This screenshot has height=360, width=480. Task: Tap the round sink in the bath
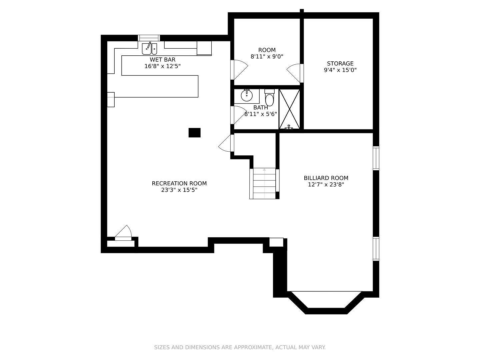tap(247, 95)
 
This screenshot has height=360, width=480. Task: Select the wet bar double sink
tap(150, 49)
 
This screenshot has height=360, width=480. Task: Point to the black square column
tap(194, 133)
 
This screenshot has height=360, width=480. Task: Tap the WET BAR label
tap(162, 59)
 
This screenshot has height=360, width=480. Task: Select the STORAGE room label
tap(340, 63)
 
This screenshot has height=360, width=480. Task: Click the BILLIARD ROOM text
tap(326, 178)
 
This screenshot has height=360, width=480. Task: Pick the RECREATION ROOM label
tap(179, 183)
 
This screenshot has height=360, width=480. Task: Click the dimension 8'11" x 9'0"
tap(267, 57)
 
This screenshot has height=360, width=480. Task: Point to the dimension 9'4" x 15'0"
tap(340, 70)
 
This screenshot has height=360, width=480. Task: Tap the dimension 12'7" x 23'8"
tap(326, 185)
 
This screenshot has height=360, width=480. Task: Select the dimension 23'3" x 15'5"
tap(179, 190)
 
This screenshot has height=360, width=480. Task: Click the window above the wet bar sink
tap(149, 38)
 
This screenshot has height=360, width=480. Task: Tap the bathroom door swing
tap(239, 115)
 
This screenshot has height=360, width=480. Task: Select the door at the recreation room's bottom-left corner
tap(123, 233)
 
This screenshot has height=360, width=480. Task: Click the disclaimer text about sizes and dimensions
tap(240, 347)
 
